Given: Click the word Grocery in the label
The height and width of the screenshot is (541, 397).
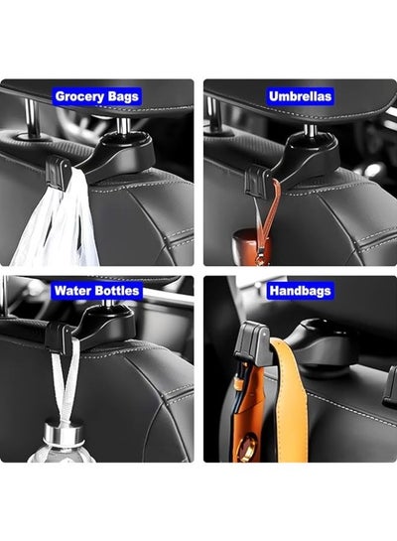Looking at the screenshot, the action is pyautogui.click(x=79, y=96).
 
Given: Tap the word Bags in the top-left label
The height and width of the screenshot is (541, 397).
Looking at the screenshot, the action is pyautogui.click(x=123, y=96).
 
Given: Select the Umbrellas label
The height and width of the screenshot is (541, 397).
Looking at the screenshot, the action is pyautogui.click(x=300, y=96).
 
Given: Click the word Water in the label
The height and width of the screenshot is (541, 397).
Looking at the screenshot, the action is pyautogui.click(x=69, y=291).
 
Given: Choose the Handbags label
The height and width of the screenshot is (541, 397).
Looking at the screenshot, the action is pyautogui.click(x=300, y=291).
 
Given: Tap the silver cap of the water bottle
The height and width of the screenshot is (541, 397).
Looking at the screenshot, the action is pyautogui.click(x=65, y=435).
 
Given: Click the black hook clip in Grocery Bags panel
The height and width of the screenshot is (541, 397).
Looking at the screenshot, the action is pyautogui.click(x=58, y=172).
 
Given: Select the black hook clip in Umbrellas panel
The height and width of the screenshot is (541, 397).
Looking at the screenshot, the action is pyautogui.click(x=258, y=180).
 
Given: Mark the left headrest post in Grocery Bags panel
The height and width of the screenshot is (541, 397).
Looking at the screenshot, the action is pyautogui.click(x=32, y=117).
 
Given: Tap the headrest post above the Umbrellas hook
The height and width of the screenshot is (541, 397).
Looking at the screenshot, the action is pyautogui.click(x=310, y=130).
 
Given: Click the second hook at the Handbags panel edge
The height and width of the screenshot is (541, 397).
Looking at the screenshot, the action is pyautogui.click(x=391, y=386).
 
